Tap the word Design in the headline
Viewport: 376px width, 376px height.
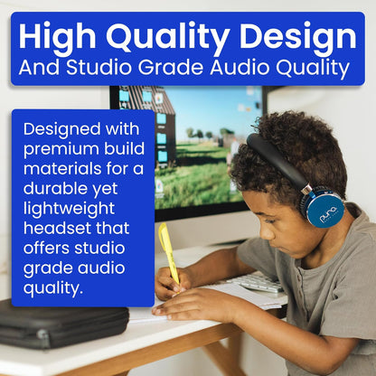point(293,37)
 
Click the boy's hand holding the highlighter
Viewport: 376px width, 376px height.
point(170,281)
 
